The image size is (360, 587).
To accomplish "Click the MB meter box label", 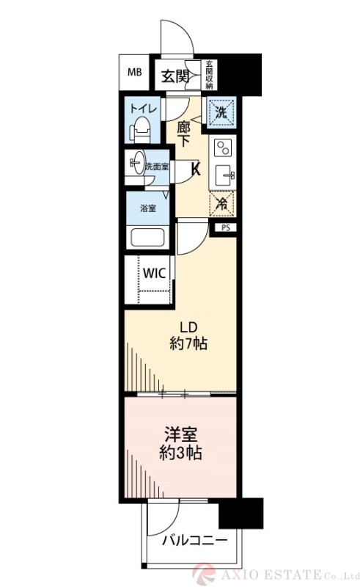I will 135,73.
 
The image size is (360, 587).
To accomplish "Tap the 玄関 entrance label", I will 176,75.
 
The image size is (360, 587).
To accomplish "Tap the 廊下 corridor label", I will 183,133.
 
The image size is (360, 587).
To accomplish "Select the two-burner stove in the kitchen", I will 221,148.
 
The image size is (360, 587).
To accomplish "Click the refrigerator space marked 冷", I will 221,204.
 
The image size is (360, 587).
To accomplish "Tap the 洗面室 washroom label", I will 156,167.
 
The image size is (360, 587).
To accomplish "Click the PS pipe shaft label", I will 225,228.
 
